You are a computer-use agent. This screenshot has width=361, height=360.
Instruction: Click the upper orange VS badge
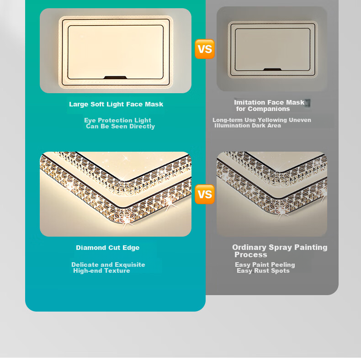204,49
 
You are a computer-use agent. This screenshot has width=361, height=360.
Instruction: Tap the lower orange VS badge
204,194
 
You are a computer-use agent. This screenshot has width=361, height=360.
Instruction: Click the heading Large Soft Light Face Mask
116,104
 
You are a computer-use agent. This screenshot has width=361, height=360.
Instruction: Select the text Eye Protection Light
117,120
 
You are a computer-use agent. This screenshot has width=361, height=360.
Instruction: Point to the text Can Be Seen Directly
120,127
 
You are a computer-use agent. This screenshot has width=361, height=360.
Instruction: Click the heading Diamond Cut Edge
108,248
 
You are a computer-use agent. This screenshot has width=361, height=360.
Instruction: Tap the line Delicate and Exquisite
108,265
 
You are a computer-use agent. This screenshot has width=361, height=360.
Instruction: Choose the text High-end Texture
101,271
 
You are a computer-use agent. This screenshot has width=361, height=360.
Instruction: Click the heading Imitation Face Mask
269,102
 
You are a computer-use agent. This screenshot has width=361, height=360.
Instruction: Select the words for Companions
263,109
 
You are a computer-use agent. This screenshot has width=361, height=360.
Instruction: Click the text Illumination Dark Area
248,126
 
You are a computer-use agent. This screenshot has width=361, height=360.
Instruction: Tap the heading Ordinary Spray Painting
280,247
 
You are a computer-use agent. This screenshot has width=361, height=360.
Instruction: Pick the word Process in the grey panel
251,254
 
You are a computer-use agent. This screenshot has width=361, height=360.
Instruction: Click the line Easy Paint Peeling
265,265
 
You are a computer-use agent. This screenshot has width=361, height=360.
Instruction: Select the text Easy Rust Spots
263,271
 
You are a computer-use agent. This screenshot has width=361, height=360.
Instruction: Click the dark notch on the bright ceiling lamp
115,78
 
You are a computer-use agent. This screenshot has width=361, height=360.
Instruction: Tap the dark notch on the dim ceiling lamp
272,69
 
